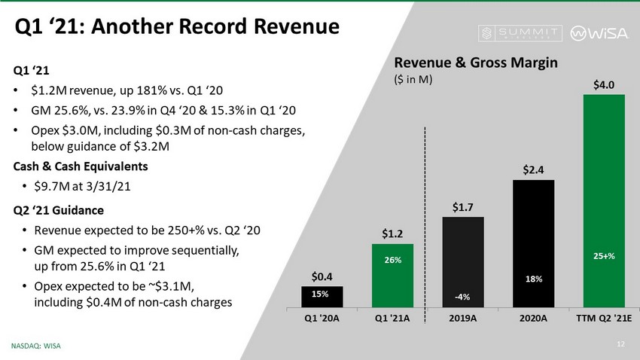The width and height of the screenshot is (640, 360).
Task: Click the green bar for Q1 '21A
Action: (392, 275)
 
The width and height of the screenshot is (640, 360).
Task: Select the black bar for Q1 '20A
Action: (322, 297)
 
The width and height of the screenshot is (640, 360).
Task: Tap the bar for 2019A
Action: (462, 262)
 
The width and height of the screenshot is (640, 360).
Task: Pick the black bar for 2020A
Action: (533, 243)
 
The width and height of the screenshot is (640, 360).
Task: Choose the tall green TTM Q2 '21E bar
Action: (604, 200)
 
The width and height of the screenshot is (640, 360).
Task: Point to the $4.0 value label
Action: (604, 84)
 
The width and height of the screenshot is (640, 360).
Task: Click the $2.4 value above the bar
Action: (533, 170)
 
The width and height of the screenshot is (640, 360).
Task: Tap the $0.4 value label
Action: (322, 276)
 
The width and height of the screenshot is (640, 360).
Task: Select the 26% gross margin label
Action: (392, 260)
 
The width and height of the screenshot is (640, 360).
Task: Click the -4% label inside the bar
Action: (462, 297)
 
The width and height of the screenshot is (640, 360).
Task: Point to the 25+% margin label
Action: (604, 256)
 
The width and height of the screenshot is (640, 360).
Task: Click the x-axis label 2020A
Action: (533, 318)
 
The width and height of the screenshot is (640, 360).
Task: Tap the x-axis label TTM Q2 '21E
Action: (604, 318)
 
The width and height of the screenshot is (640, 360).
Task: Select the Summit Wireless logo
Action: (520, 33)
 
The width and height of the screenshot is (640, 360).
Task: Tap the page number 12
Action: (621, 345)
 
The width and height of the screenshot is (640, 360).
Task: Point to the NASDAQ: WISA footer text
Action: (36, 346)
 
